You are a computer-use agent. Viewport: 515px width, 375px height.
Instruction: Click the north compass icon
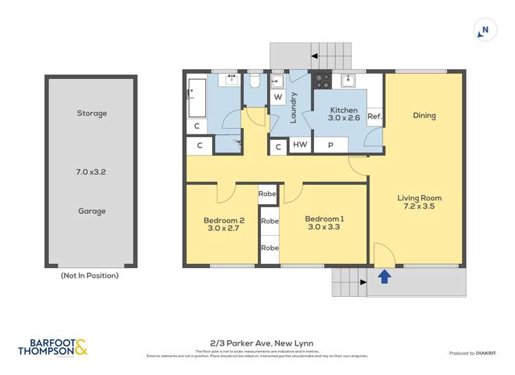click(x=485, y=30)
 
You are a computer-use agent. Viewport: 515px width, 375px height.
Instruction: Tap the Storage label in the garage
click(x=91, y=113)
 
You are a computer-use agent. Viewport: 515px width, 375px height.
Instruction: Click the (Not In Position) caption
click(x=90, y=276)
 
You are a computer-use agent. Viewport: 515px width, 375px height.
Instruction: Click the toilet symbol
click(x=253, y=82)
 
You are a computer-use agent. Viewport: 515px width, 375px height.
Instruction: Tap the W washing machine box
click(x=278, y=97)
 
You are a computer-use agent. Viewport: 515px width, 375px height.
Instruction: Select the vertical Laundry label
click(x=293, y=107)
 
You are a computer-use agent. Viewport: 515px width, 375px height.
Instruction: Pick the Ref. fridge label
click(x=374, y=117)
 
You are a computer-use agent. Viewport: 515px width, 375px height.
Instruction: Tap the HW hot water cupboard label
click(x=299, y=145)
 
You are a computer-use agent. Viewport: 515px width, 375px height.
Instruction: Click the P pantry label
click(x=330, y=145)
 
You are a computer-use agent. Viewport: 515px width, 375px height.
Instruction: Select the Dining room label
click(x=424, y=115)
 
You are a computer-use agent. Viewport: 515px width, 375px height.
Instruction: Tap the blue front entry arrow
click(x=385, y=276)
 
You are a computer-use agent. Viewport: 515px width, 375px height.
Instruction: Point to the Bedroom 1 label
click(x=324, y=223)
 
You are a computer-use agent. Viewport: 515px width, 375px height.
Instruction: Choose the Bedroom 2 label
click(x=221, y=224)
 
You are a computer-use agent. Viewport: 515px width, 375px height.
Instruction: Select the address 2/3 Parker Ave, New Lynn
click(x=257, y=342)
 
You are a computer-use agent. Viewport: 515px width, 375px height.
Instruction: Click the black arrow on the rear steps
click(x=315, y=56)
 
